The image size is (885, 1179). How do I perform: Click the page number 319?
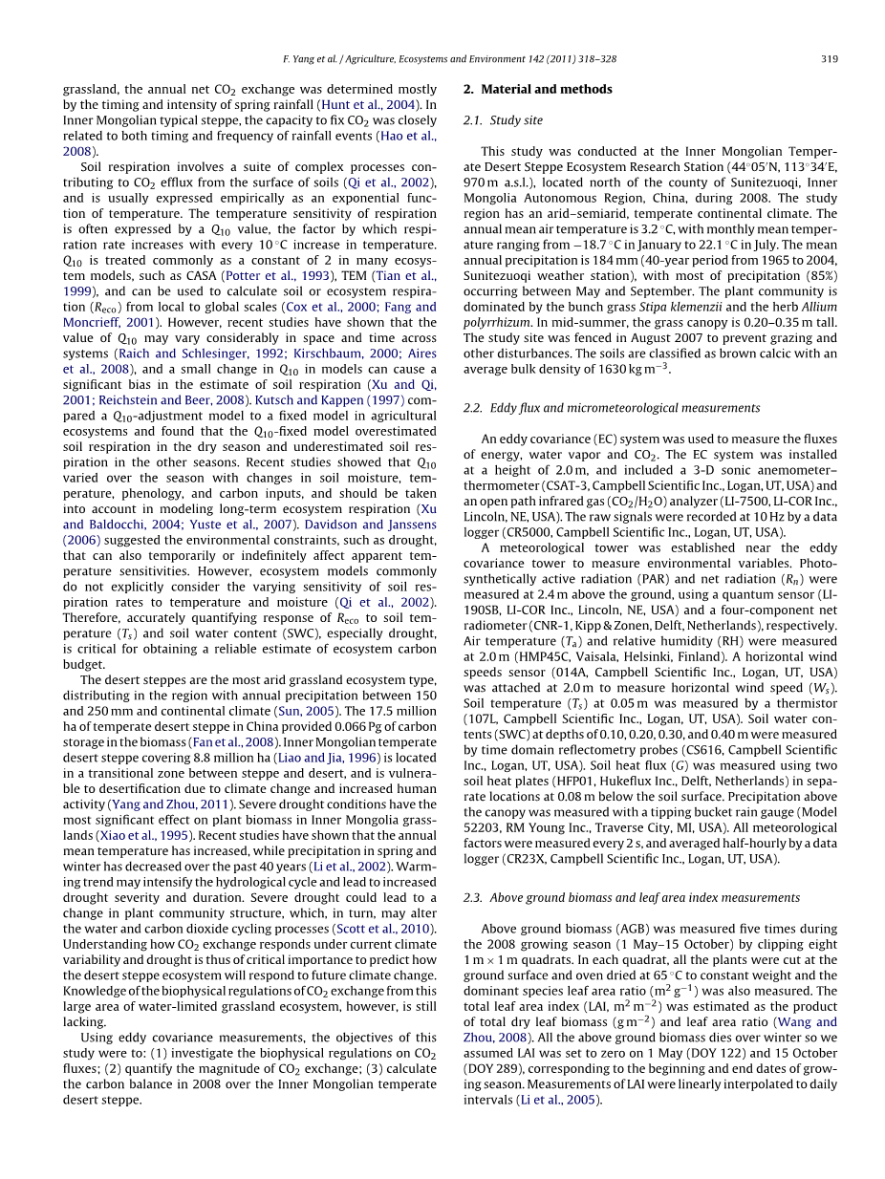click(x=830, y=59)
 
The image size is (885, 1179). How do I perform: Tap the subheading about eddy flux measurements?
click(x=612, y=408)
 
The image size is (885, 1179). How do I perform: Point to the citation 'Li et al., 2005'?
click(x=572, y=1100)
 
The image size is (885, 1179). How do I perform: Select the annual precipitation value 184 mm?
click(x=598, y=261)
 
